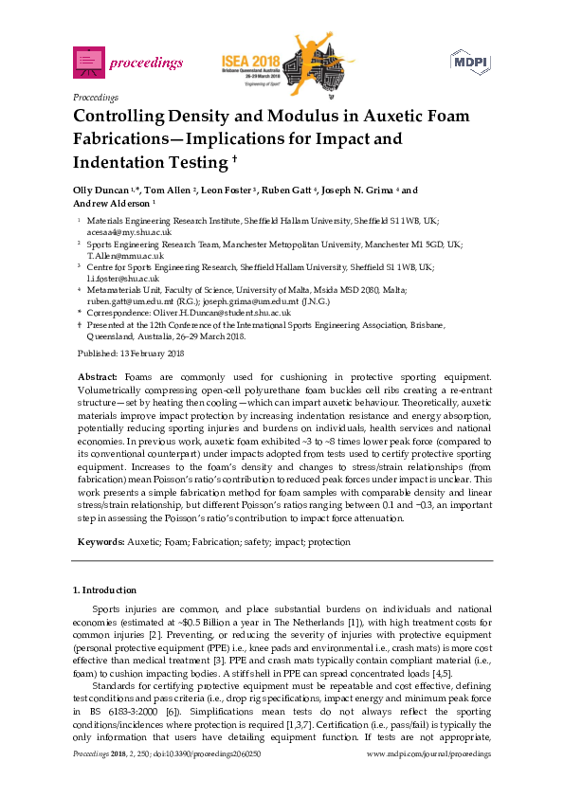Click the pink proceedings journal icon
pos(88,63)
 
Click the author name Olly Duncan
pos(99,189)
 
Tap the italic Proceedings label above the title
pos(95,97)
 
